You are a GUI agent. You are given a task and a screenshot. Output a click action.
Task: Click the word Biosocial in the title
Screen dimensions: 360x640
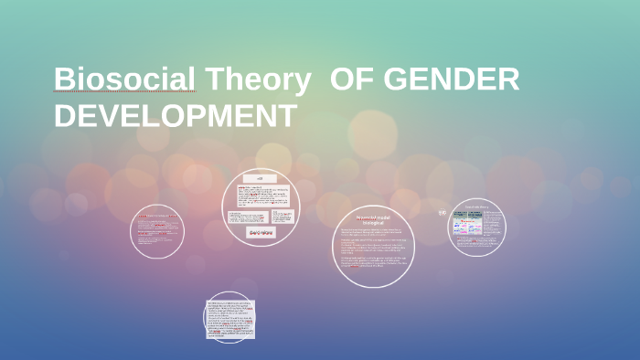pyautogui.click(x=124, y=81)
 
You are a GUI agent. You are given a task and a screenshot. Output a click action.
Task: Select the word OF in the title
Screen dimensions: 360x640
pyautogui.click(x=351, y=81)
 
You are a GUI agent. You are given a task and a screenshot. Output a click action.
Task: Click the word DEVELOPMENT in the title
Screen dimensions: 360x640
pyautogui.click(x=175, y=117)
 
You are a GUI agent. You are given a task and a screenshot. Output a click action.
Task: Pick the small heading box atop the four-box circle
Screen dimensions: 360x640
pyautogui.click(x=260, y=178)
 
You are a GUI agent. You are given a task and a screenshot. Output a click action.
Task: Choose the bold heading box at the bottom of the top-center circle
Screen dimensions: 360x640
pyautogui.click(x=261, y=234)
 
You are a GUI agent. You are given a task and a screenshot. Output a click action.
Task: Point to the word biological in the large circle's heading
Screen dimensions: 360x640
pyautogui.click(x=375, y=224)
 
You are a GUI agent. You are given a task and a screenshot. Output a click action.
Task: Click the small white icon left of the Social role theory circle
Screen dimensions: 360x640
pyautogui.click(x=442, y=213)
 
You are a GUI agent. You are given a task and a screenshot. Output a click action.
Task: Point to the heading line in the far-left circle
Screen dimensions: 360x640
pyautogui.click(x=157, y=216)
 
